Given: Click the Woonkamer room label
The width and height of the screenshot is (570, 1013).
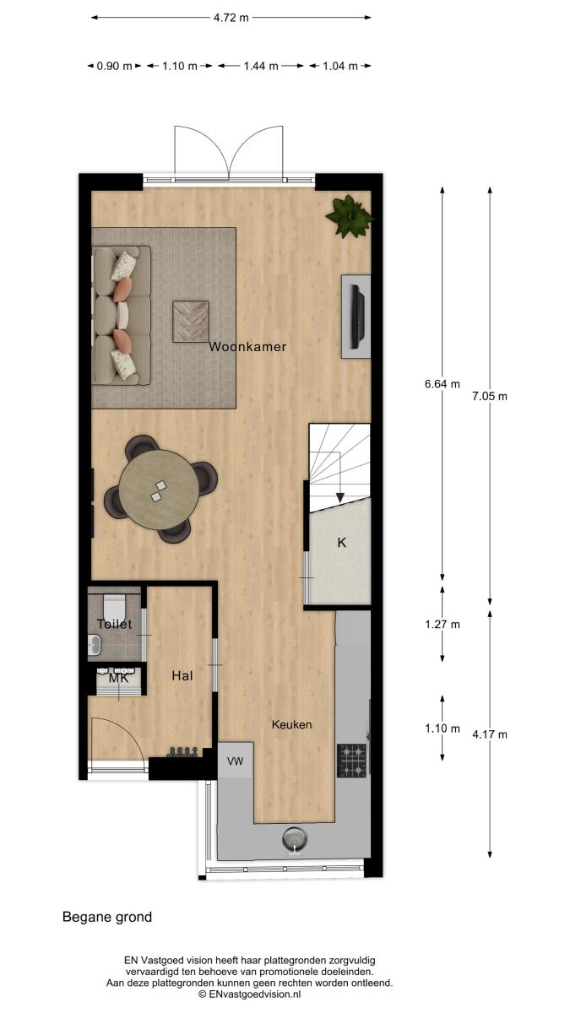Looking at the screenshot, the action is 247,347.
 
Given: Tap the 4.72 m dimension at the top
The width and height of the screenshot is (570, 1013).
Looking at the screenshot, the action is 231,18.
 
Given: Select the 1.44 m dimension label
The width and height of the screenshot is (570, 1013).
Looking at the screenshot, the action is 261,66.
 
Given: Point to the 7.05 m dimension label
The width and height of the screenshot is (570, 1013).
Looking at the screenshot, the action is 490,396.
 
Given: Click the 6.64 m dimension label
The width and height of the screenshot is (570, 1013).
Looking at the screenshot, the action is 442,384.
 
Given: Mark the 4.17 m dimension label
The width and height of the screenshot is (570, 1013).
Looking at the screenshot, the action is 490,734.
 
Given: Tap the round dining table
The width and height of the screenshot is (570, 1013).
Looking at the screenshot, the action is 160,490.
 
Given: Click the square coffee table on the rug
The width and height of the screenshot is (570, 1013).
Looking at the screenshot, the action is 191,322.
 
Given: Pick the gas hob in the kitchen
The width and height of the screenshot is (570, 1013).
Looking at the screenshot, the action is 351,761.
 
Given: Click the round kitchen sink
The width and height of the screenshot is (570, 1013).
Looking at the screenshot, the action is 296,839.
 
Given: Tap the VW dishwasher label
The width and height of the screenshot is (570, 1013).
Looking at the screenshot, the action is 236,761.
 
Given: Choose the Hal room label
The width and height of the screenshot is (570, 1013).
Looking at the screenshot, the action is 182,675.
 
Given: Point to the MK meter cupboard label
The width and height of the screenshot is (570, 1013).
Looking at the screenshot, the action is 118,679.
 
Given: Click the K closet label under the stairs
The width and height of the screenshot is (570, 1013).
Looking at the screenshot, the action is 342,542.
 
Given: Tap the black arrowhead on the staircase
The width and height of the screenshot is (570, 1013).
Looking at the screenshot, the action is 340,497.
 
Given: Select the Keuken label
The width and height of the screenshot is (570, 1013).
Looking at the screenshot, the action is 292,725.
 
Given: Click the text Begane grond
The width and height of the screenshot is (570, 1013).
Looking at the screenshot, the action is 107,917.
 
